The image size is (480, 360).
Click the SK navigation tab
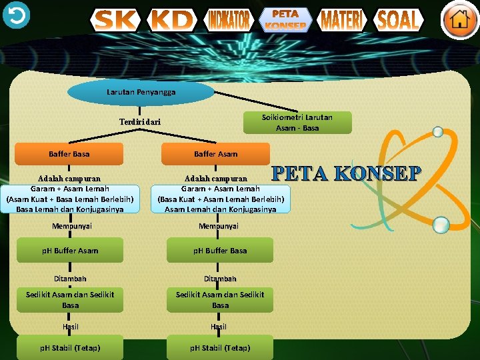(115, 20)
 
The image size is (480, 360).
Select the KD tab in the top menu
(172, 20)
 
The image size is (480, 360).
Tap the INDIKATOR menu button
(229, 20)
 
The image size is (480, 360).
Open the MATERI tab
(342, 20)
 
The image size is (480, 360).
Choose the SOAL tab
(399, 20)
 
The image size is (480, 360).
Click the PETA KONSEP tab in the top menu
(285, 19)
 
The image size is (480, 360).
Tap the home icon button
(459, 20)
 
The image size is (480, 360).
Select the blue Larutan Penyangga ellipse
(141, 92)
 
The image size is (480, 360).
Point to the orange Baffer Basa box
(69, 154)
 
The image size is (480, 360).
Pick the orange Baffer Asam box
(215, 154)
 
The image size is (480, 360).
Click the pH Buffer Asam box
(70, 251)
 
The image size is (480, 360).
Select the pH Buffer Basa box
(220, 251)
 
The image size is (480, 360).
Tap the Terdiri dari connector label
(140, 123)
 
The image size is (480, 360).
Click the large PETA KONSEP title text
(347, 173)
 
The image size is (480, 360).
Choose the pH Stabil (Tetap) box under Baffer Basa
(70, 348)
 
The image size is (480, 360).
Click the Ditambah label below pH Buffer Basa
(220, 279)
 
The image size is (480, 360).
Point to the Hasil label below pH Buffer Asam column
(70, 327)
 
